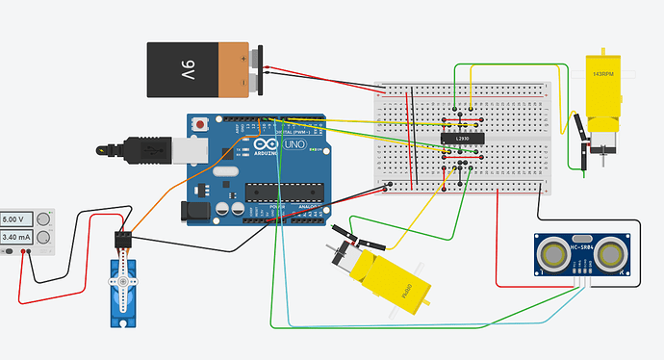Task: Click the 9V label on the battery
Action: click(187, 69)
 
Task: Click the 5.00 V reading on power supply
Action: click(18, 219)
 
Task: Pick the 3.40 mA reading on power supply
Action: click(18, 237)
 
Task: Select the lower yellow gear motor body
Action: click(389, 279)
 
